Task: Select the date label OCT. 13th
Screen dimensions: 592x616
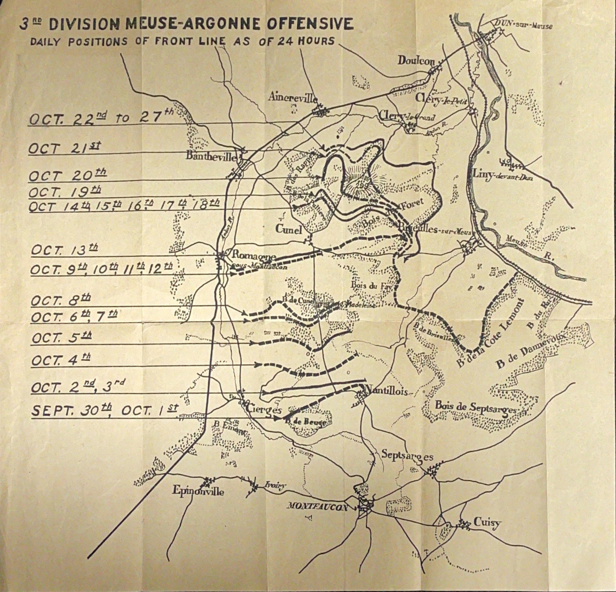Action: point(64,250)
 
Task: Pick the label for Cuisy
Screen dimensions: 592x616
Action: point(487,523)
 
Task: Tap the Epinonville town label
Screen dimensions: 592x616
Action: point(199,492)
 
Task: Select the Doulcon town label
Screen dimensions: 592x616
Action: point(416,61)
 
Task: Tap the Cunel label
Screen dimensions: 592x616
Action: point(289,229)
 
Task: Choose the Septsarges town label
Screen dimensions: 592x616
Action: point(407,455)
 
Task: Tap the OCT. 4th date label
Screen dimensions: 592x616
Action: point(61,359)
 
